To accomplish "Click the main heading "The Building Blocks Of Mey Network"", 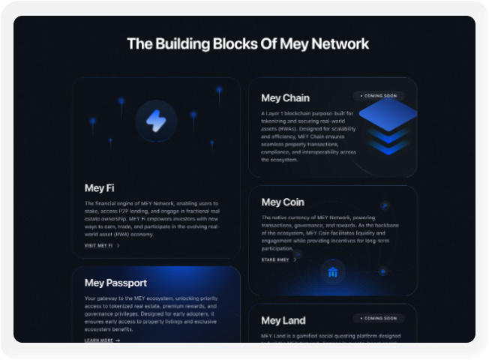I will tap(247, 43).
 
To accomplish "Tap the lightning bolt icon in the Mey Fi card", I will tap(157, 121).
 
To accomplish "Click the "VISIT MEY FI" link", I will tap(102, 245).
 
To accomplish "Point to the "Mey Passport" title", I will tap(115, 283).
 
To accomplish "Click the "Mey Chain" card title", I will tap(285, 97).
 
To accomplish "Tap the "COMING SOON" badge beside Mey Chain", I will tap(379, 96).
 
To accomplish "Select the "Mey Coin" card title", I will tap(283, 202).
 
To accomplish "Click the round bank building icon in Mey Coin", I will tap(332, 272).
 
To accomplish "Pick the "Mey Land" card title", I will tap(283, 321).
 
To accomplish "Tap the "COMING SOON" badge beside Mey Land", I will tap(379, 319).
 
